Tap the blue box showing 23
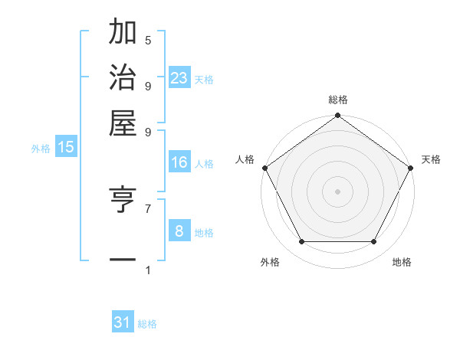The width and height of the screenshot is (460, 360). pyautogui.click(x=179, y=78)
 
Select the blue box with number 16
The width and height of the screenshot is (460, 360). pyautogui.click(x=179, y=162)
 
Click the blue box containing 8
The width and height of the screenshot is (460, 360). pyautogui.click(x=179, y=231)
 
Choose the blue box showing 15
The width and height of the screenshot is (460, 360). pyautogui.click(x=66, y=147)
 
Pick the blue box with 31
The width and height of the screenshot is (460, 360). pyautogui.click(x=123, y=322)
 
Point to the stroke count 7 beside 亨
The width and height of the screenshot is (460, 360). pyautogui.click(x=147, y=208)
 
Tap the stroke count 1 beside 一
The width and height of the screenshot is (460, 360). pyautogui.click(x=147, y=270)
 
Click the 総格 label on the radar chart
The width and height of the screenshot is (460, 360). pyautogui.click(x=337, y=100)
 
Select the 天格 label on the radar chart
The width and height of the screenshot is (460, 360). pyautogui.click(x=431, y=159)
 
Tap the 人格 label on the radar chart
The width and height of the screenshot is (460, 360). pyautogui.click(x=245, y=159)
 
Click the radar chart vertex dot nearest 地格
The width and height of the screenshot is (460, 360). pyautogui.click(x=374, y=242)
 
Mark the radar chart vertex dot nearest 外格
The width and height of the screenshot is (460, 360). pyautogui.click(x=301, y=242)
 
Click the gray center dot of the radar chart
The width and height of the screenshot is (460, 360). pyautogui.click(x=337, y=191)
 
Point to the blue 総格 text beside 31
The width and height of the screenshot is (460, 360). pyautogui.click(x=147, y=324)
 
